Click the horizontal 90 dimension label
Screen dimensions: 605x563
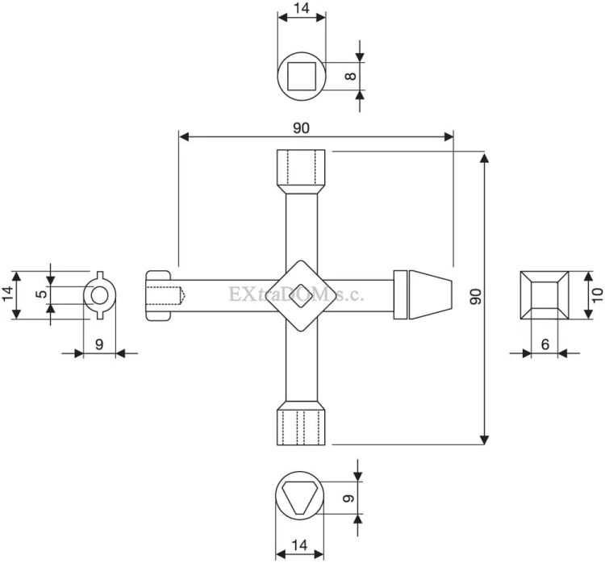click(302, 127)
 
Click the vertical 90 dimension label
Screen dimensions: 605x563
click(476, 296)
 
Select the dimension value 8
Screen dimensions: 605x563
click(351, 76)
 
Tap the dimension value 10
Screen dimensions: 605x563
click(597, 295)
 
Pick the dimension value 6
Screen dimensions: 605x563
click(544, 344)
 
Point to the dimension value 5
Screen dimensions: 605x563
click(42, 294)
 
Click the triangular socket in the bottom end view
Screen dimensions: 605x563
click(300, 498)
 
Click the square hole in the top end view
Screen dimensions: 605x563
click(302, 76)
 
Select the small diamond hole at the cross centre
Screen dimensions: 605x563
click(302, 296)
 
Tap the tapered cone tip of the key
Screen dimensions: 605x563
click(430, 295)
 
